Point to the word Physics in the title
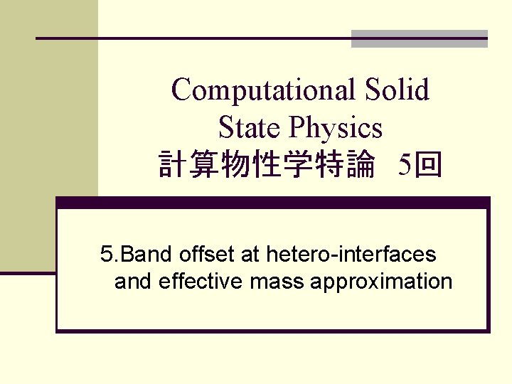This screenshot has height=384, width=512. [x=336, y=128]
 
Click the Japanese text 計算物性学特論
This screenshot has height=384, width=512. [x=266, y=166]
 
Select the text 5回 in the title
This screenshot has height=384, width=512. [x=420, y=166]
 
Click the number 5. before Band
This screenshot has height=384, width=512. [x=107, y=253]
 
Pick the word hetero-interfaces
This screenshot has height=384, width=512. [x=351, y=253]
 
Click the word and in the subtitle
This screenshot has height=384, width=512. [x=134, y=282]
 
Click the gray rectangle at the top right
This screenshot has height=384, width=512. [x=420, y=39]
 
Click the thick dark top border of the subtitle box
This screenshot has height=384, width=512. [x=273, y=203]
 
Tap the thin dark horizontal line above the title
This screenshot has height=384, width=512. [x=192, y=38]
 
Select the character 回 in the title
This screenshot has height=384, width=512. [x=430, y=166]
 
